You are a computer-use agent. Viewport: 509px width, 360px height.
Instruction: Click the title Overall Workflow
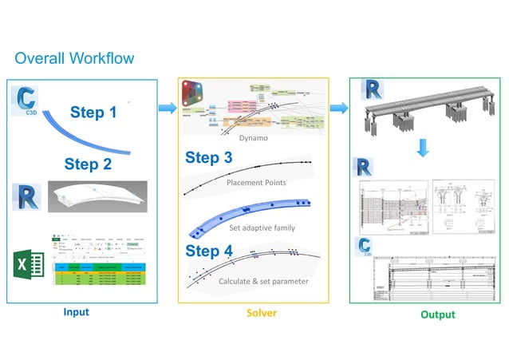click(74, 59)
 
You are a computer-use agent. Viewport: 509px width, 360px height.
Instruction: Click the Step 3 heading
click(209, 157)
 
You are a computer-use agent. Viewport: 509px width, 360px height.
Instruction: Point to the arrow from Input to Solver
click(167, 108)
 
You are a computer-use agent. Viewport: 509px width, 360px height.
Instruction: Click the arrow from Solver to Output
click(338, 107)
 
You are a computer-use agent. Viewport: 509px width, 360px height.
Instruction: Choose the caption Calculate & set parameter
click(262, 281)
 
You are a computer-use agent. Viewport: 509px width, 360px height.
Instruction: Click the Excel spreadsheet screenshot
click(101, 264)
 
